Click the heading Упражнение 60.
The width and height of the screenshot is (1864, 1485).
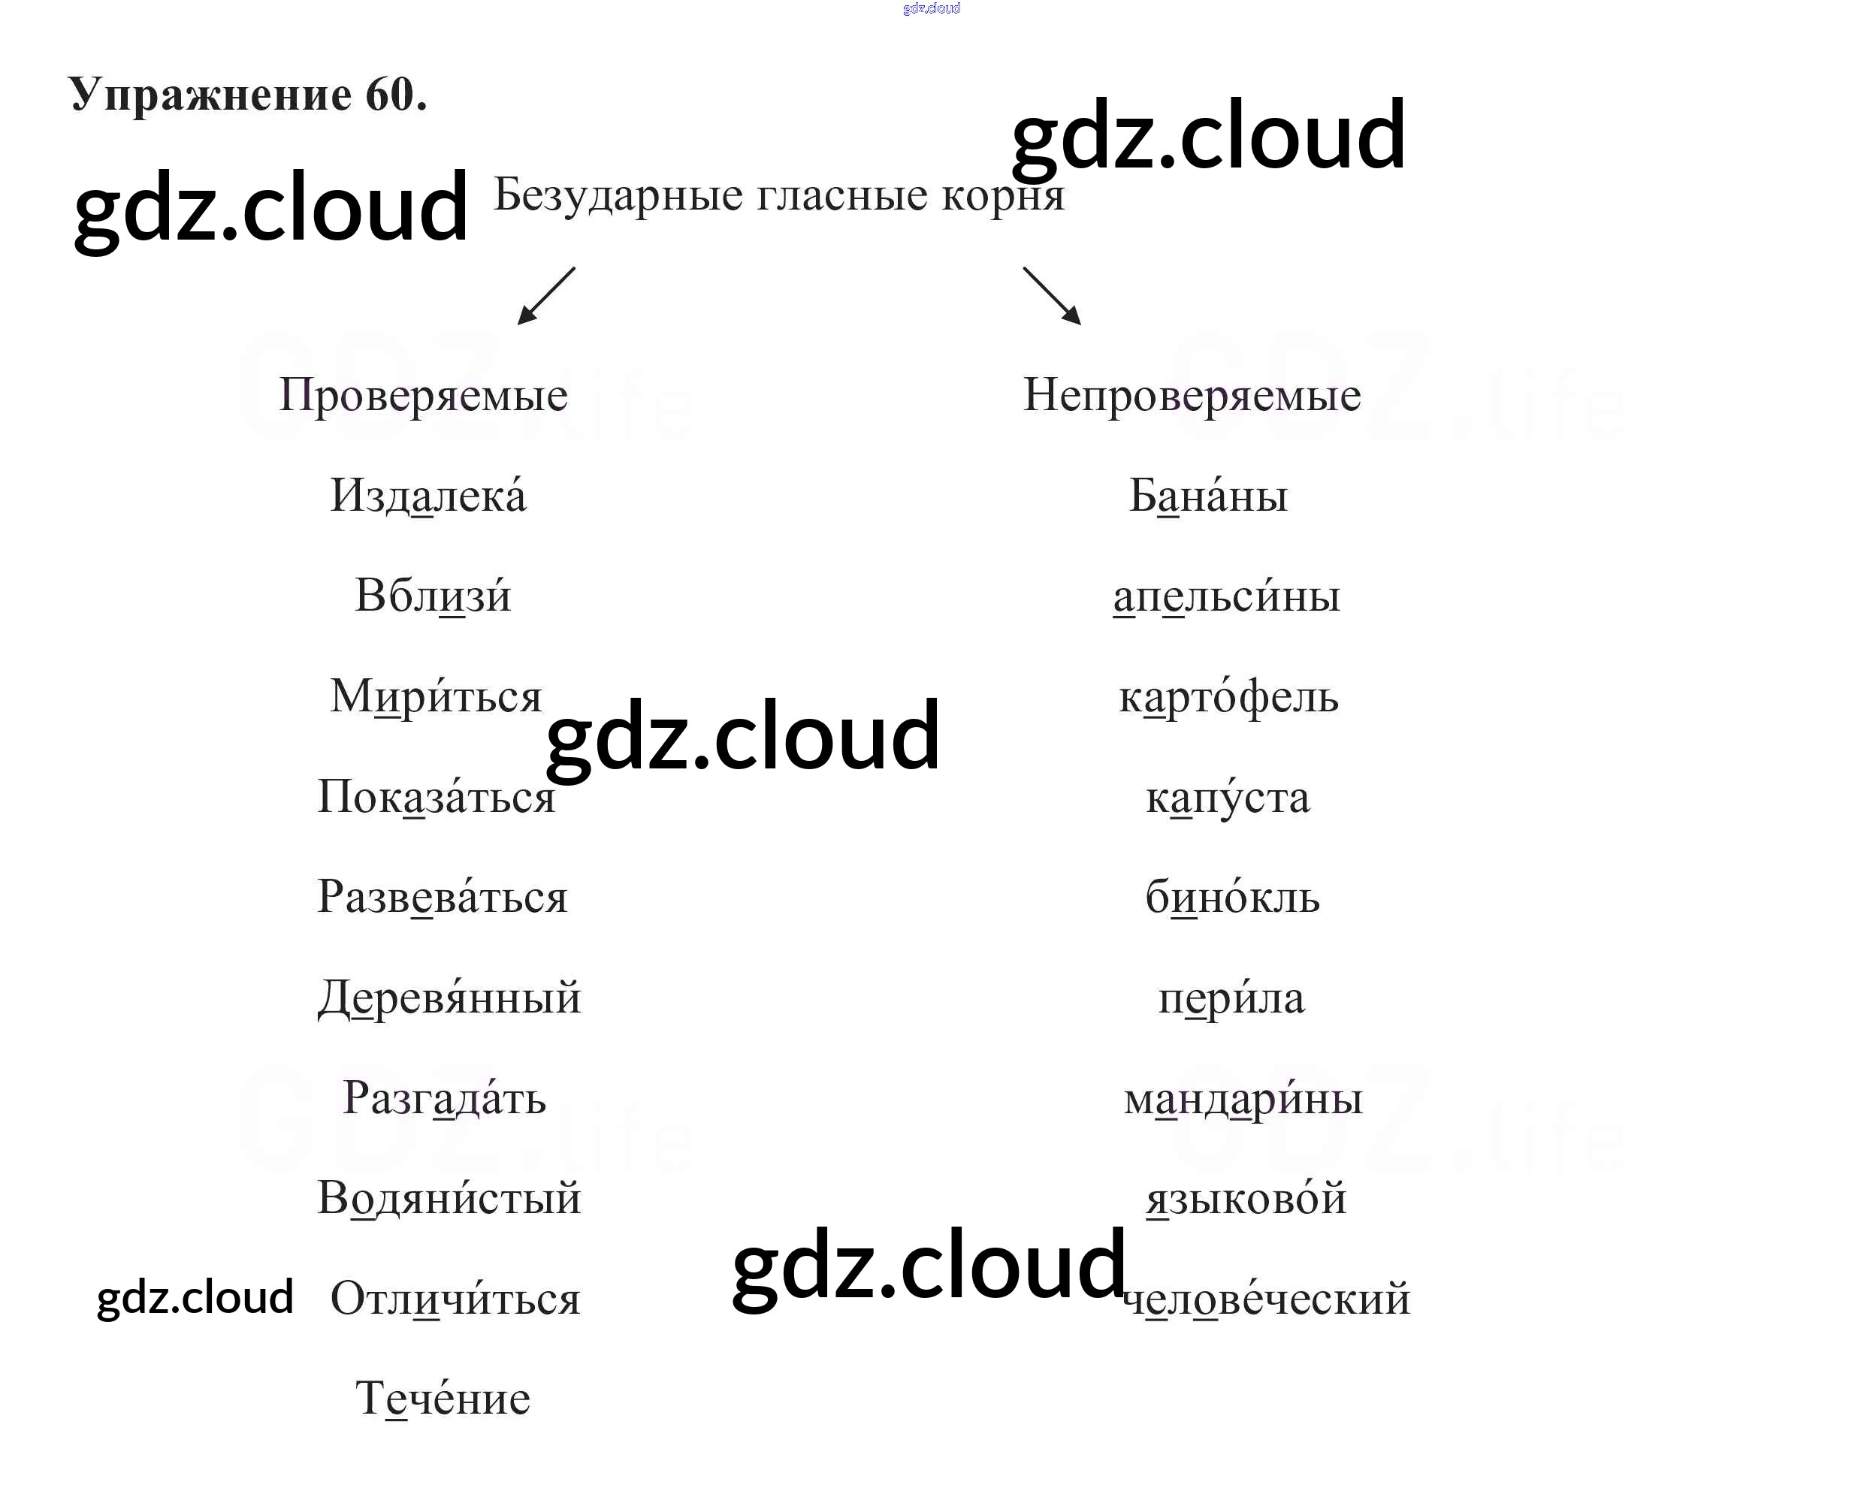click(x=247, y=95)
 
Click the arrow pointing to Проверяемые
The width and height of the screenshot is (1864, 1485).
click(x=545, y=296)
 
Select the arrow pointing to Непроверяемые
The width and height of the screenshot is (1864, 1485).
click(x=1052, y=296)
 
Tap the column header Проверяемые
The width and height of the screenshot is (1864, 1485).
click(x=423, y=396)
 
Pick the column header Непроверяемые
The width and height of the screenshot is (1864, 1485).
click(x=1192, y=396)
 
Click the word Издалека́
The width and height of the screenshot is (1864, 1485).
click(x=428, y=497)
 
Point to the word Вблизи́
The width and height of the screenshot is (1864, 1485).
click(x=432, y=596)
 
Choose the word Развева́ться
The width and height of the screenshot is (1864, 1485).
click(x=442, y=897)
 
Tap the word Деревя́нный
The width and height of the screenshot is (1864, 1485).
click(x=449, y=998)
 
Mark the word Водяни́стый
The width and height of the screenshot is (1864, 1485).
click(x=449, y=1199)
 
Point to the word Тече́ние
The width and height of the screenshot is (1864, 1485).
click(x=443, y=1399)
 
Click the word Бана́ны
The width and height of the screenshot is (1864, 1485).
click(x=1208, y=497)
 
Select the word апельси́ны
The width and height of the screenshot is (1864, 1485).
click(x=1226, y=596)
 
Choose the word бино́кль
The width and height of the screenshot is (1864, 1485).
click(x=1232, y=897)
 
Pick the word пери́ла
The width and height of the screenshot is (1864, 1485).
click(x=1231, y=998)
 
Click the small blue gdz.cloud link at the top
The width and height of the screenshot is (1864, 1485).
click(x=931, y=9)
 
